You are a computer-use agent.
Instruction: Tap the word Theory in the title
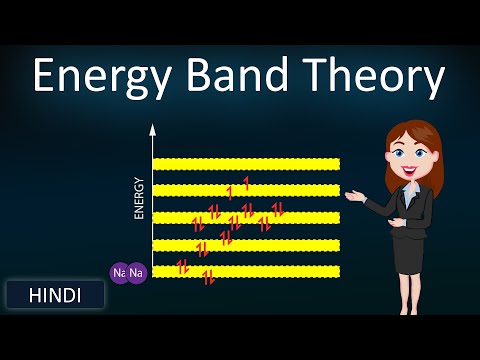369,77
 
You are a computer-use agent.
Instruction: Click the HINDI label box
55,294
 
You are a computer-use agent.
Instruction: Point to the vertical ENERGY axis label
139,198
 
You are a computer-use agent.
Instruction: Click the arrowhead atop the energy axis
153,130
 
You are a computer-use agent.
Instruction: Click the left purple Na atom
120,272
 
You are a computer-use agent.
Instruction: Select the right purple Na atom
137,272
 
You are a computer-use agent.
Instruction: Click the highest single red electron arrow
246,183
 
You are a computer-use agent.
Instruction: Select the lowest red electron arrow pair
209,278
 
